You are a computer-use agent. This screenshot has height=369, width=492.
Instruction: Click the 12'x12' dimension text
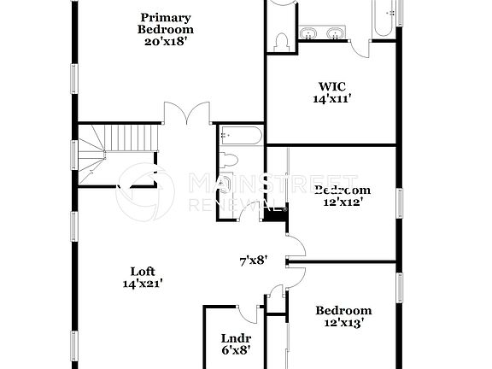[342, 202]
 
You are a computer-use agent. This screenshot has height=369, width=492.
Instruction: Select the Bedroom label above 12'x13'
[343, 311]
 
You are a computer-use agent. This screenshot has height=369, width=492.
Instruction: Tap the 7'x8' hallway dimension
[254, 261]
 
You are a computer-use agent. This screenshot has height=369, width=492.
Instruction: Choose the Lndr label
[235, 338]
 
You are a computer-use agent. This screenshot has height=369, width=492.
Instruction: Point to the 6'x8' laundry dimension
[235, 351]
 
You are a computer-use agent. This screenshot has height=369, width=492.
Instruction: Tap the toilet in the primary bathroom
[281, 40]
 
